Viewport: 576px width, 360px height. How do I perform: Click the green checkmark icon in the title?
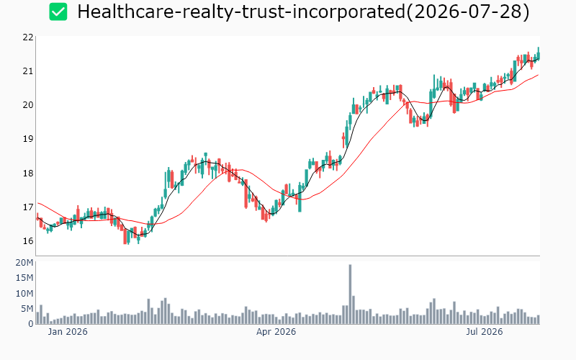pyautogui.click(x=58, y=12)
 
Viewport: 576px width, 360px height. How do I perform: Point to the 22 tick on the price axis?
pyautogui.click(x=28, y=37)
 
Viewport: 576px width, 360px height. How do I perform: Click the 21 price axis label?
pyautogui.click(x=28, y=71)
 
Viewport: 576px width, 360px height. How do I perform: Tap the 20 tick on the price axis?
pyautogui.click(x=28, y=105)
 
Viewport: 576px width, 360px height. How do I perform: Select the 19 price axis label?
pyautogui.click(x=28, y=139)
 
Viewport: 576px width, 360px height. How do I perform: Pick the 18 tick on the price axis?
pyautogui.click(x=28, y=173)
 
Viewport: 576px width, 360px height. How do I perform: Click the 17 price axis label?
pyautogui.click(x=28, y=207)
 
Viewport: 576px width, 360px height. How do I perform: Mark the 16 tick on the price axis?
pyautogui.click(x=28, y=241)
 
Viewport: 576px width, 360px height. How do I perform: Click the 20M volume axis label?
pyautogui.click(x=24, y=263)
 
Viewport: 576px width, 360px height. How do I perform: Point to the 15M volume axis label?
pyautogui.click(x=24, y=278)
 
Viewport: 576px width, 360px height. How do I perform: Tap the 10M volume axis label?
pyautogui.click(x=24, y=294)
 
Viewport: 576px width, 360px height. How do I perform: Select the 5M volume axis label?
pyautogui.click(x=27, y=309)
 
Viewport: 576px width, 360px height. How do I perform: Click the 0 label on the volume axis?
pyautogui.click(x=31, y=324)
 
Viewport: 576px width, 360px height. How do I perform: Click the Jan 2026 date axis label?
pyautogui.click(x=68, y=332)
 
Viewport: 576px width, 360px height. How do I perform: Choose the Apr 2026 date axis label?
pyautogui.click(x=276, y=332)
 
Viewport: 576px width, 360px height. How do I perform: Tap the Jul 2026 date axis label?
pyautogui.click(x=484, y=332)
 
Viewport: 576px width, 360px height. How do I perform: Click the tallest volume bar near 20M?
pyautogui.click(x=350, y=294)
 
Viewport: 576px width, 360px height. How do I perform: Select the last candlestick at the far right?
pyautogui.click(x=539, y=54)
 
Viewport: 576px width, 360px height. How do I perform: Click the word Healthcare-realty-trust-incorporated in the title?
pyautogui.click(x=241, y=12)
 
